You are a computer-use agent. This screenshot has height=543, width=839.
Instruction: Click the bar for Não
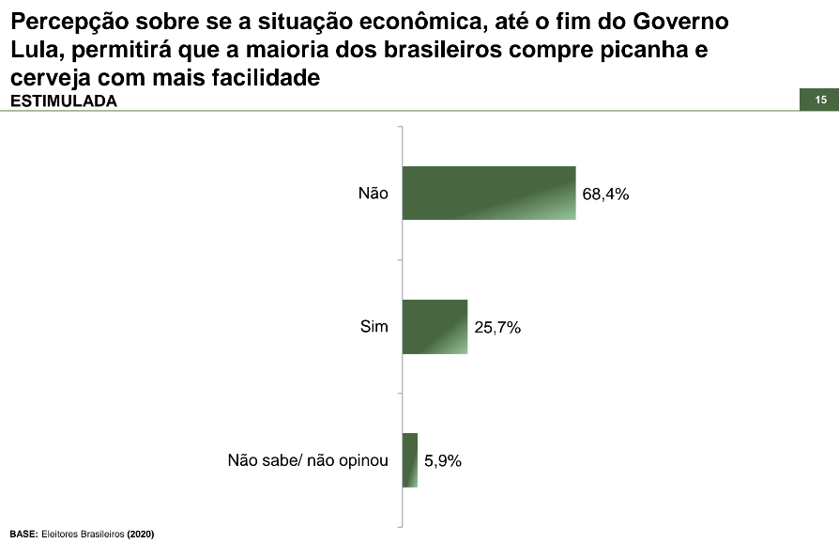488,193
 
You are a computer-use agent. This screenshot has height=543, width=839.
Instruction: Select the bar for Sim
435,327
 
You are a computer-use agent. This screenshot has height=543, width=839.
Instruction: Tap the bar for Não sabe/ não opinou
409,460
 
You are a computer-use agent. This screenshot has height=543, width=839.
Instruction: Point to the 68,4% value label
604,194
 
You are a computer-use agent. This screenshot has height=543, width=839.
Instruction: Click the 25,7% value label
496,328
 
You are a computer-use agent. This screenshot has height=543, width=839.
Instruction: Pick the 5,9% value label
443,461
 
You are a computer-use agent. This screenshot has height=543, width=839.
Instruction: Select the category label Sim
374,327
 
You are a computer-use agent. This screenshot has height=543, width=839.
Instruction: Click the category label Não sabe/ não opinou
308,461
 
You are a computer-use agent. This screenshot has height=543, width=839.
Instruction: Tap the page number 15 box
819,100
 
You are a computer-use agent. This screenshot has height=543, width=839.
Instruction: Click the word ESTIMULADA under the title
64,102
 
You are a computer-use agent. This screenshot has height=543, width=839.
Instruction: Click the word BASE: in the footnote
23,534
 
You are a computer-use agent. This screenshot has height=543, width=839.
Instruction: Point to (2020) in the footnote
141,534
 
